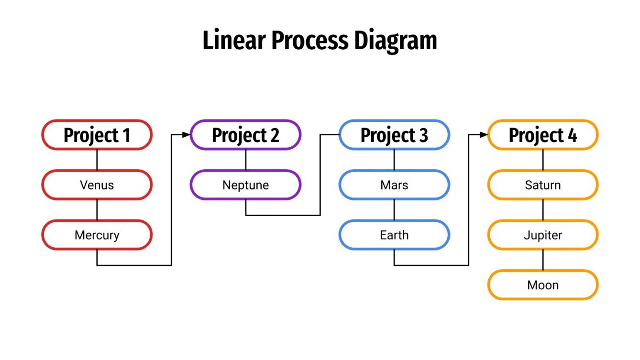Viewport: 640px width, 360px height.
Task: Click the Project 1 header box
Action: tap(97, 135)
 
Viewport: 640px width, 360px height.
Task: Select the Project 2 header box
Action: tap(245, 135)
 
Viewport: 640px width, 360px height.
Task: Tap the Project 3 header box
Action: tap(394, 135)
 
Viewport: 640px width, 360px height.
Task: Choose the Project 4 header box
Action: tap(543, 135)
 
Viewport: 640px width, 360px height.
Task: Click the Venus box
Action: tap(97, 185)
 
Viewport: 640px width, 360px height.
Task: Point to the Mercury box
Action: tap(97, 235)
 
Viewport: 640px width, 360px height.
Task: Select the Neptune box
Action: tap(245, 185)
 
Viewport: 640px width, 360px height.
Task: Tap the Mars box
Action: tap(394, 185)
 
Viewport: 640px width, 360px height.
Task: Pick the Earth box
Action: tap(394, 235)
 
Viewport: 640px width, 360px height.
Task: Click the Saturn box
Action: tap(543, 185)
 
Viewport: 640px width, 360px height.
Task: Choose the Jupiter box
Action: tap(543, 235)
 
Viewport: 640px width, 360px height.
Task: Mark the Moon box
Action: tap(543, 285)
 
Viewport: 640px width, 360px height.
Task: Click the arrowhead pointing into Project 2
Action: tap(187, 135)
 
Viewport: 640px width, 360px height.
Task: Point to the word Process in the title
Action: tap(310, 40)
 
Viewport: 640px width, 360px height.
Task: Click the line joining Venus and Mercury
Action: tap(97, 209)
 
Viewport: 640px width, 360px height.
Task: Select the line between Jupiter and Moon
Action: tap(543, 260)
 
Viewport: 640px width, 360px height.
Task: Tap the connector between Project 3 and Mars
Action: tap(394, 160)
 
